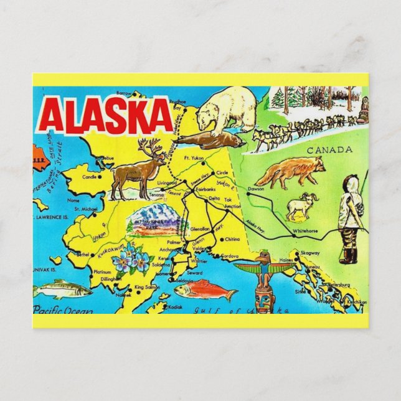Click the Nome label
(74, 200)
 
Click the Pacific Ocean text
(62, 309)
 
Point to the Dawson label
(256, 188)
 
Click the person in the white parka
(351, 218)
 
